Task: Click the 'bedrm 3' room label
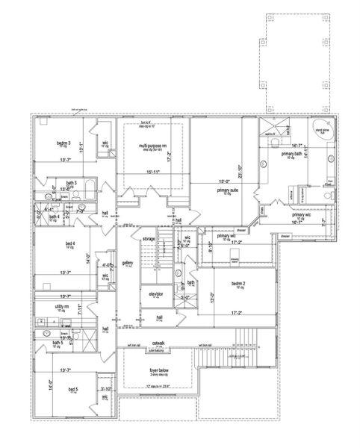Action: (x=64, y=143)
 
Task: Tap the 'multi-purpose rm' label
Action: (x=153, y=146)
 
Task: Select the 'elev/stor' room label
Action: (x=156, y=295)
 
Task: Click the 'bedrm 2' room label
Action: (x=238, y=284)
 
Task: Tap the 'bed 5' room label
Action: (x=73, y=390)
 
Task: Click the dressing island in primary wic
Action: (x=214, y=260)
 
